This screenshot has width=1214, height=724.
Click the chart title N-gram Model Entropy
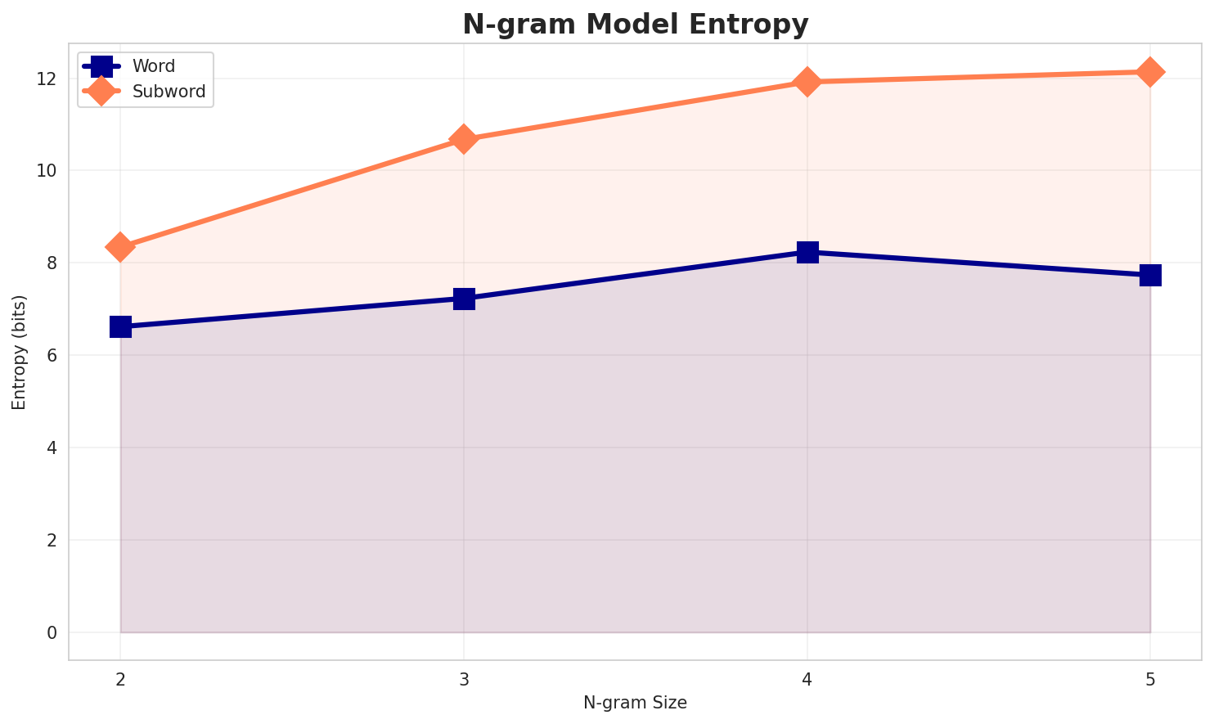635,25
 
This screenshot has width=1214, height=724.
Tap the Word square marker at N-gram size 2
120,327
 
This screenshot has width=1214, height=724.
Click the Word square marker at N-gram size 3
464,299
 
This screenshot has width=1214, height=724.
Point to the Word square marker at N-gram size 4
807,252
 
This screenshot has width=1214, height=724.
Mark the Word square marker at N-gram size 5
1150,275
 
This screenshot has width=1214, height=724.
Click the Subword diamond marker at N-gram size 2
120,247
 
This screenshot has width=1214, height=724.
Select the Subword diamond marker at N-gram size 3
464,139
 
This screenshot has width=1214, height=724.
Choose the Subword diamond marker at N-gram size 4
807,82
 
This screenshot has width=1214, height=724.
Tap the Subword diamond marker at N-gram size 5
1150,72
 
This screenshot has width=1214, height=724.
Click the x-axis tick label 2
120,679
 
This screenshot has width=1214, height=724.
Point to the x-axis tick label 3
464,679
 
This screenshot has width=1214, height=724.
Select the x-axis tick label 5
1150,679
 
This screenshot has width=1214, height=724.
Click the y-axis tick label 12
46,79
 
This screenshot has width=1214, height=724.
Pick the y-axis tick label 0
51,632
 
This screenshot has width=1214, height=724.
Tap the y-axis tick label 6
51,355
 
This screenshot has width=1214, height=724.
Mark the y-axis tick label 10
46,171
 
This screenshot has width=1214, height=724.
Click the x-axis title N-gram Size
635,703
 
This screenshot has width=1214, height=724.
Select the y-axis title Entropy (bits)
19,352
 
